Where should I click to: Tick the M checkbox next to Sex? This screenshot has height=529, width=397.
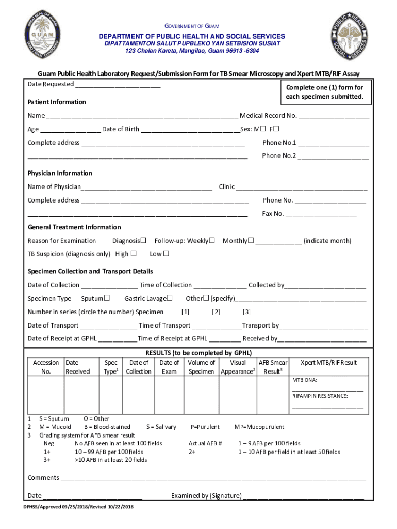coord(263,129)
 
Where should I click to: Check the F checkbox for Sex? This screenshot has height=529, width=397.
coord(276,129)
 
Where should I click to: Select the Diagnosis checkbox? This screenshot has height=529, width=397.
coord(144,240)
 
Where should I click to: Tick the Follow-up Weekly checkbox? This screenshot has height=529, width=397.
coord(211,240)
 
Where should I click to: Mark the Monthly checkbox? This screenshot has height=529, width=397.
coord(251,240)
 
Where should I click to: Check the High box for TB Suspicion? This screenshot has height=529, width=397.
coord(134,254)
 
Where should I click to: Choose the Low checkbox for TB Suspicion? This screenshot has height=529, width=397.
coord(166,254)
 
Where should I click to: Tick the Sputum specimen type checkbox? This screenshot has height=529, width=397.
coord(107,298)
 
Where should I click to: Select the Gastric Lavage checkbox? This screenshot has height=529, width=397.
coord(169,298)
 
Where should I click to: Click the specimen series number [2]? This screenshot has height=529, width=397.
coord(216,312)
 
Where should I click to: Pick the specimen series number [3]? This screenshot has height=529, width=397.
coord(246,312)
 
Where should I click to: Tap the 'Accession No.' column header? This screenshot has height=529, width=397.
coord(46,367)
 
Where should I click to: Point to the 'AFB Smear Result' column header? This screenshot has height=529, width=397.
coord(273,367)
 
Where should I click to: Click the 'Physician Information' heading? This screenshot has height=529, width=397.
coord(60,173)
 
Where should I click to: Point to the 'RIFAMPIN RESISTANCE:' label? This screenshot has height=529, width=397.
coord(320,396)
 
